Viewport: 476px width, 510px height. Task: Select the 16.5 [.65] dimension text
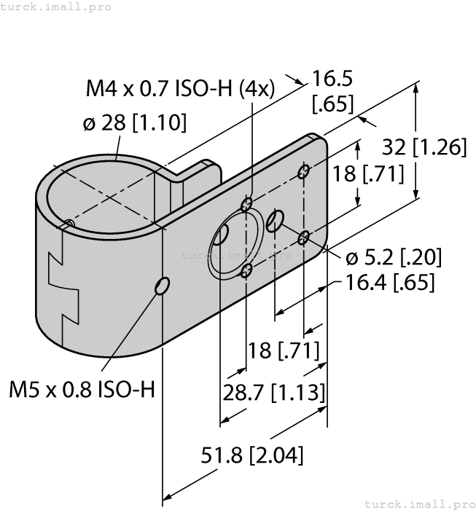click(x=332, y=90)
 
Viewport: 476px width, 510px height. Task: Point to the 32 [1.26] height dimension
click(x=424, y=147)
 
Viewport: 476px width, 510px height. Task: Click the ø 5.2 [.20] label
click(x=393, y=257)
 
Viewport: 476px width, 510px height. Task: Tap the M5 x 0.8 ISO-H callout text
click(x=82, y=389)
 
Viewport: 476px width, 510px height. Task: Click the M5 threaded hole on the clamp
click(x=162, y=287)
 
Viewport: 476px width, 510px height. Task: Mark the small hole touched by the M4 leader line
click(x=248, y=203)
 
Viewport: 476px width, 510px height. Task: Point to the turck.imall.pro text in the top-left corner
click(x=56, y=7)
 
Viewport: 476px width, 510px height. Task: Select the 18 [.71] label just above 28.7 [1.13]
click(x=283, y=351)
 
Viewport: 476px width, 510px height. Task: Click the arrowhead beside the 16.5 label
click(x=299, y=82)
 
